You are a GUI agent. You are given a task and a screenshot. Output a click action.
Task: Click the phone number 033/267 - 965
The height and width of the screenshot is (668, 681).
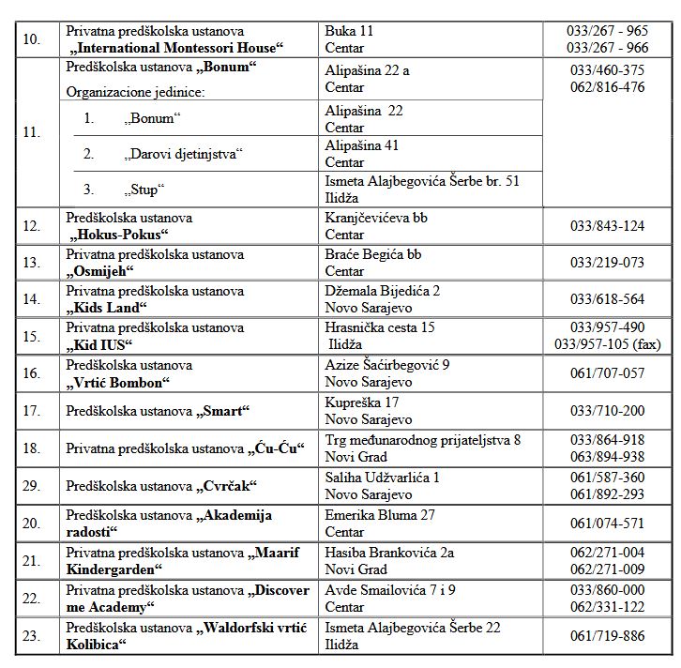(607, 31)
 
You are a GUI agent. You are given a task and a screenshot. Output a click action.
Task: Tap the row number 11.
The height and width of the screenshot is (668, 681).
(31, 132)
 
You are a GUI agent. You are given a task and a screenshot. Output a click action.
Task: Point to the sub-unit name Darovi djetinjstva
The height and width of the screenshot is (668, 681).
(184, 153)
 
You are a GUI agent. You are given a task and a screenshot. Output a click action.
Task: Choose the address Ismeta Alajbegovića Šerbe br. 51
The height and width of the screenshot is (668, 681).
(422, 181)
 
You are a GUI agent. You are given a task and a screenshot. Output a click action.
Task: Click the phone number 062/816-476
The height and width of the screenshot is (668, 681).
(607, 87)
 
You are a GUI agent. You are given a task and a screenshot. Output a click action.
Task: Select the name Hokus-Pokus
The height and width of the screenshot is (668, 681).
(119, 234)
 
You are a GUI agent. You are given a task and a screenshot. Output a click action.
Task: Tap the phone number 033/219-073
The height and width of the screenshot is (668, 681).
(607, 262)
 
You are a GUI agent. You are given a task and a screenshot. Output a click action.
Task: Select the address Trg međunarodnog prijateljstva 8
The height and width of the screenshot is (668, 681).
(423, 439)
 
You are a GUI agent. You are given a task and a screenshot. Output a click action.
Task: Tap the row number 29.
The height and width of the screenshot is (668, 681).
(31, 486)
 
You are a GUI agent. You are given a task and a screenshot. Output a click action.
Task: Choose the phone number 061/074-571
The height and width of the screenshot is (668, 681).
(607, 524)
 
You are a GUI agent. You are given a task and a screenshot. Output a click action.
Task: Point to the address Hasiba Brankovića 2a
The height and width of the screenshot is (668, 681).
(389, 553)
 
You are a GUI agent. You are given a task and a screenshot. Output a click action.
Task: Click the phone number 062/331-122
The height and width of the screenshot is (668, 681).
(607, 606)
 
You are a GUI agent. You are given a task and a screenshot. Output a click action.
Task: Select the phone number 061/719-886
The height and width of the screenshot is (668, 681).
(607, 636)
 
